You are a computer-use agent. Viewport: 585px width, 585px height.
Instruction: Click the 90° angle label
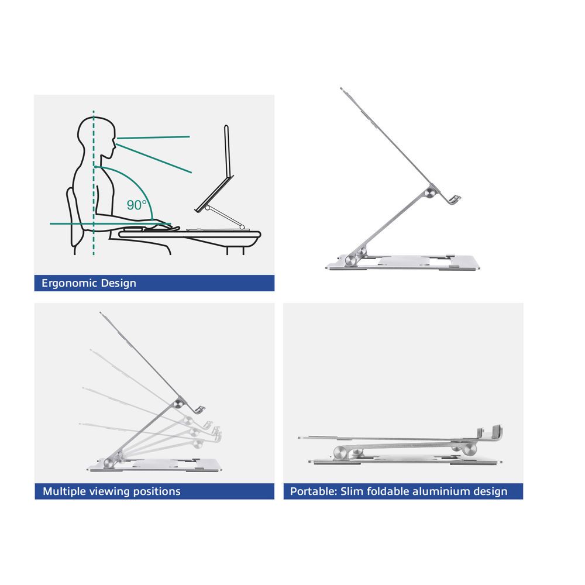coord(137,205)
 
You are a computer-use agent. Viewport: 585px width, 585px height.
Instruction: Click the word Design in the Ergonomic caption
coord(119,283)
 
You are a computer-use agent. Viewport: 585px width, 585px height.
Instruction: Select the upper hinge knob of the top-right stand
coord(431,192)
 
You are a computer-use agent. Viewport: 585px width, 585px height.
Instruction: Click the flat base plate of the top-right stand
coord(409,264)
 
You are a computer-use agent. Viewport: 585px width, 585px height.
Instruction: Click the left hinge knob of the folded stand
coord(340,452)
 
